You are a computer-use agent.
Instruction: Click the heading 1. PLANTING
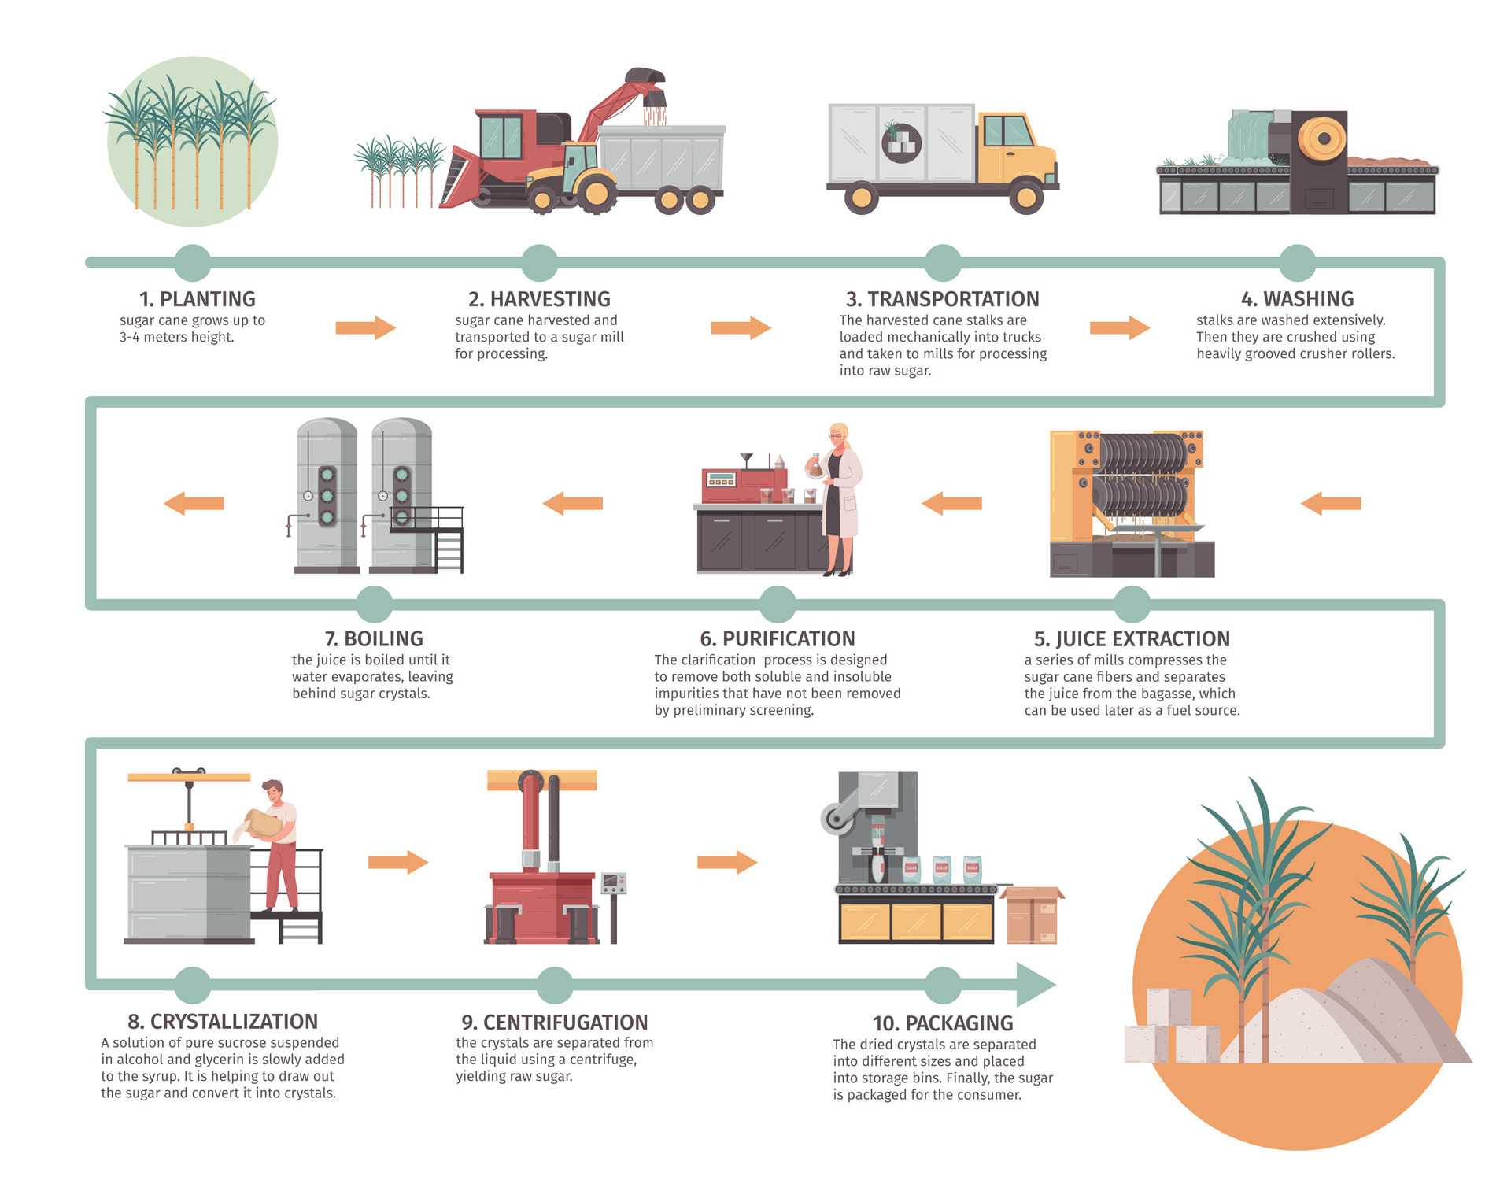pos(197,299)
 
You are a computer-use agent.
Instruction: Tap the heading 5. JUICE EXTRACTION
pos(1131,638)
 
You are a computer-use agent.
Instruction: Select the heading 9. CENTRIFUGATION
pos(554,1022)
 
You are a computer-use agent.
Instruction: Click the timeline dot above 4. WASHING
pos(1297,263)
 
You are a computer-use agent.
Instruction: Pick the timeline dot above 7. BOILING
pos(374,605)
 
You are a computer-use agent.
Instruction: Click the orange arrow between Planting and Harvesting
pos(365,327)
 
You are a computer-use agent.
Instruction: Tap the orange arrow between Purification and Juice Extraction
pos(951,503)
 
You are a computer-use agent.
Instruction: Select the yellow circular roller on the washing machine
pos(1322,139)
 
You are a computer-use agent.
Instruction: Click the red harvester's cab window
pos(501,136)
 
